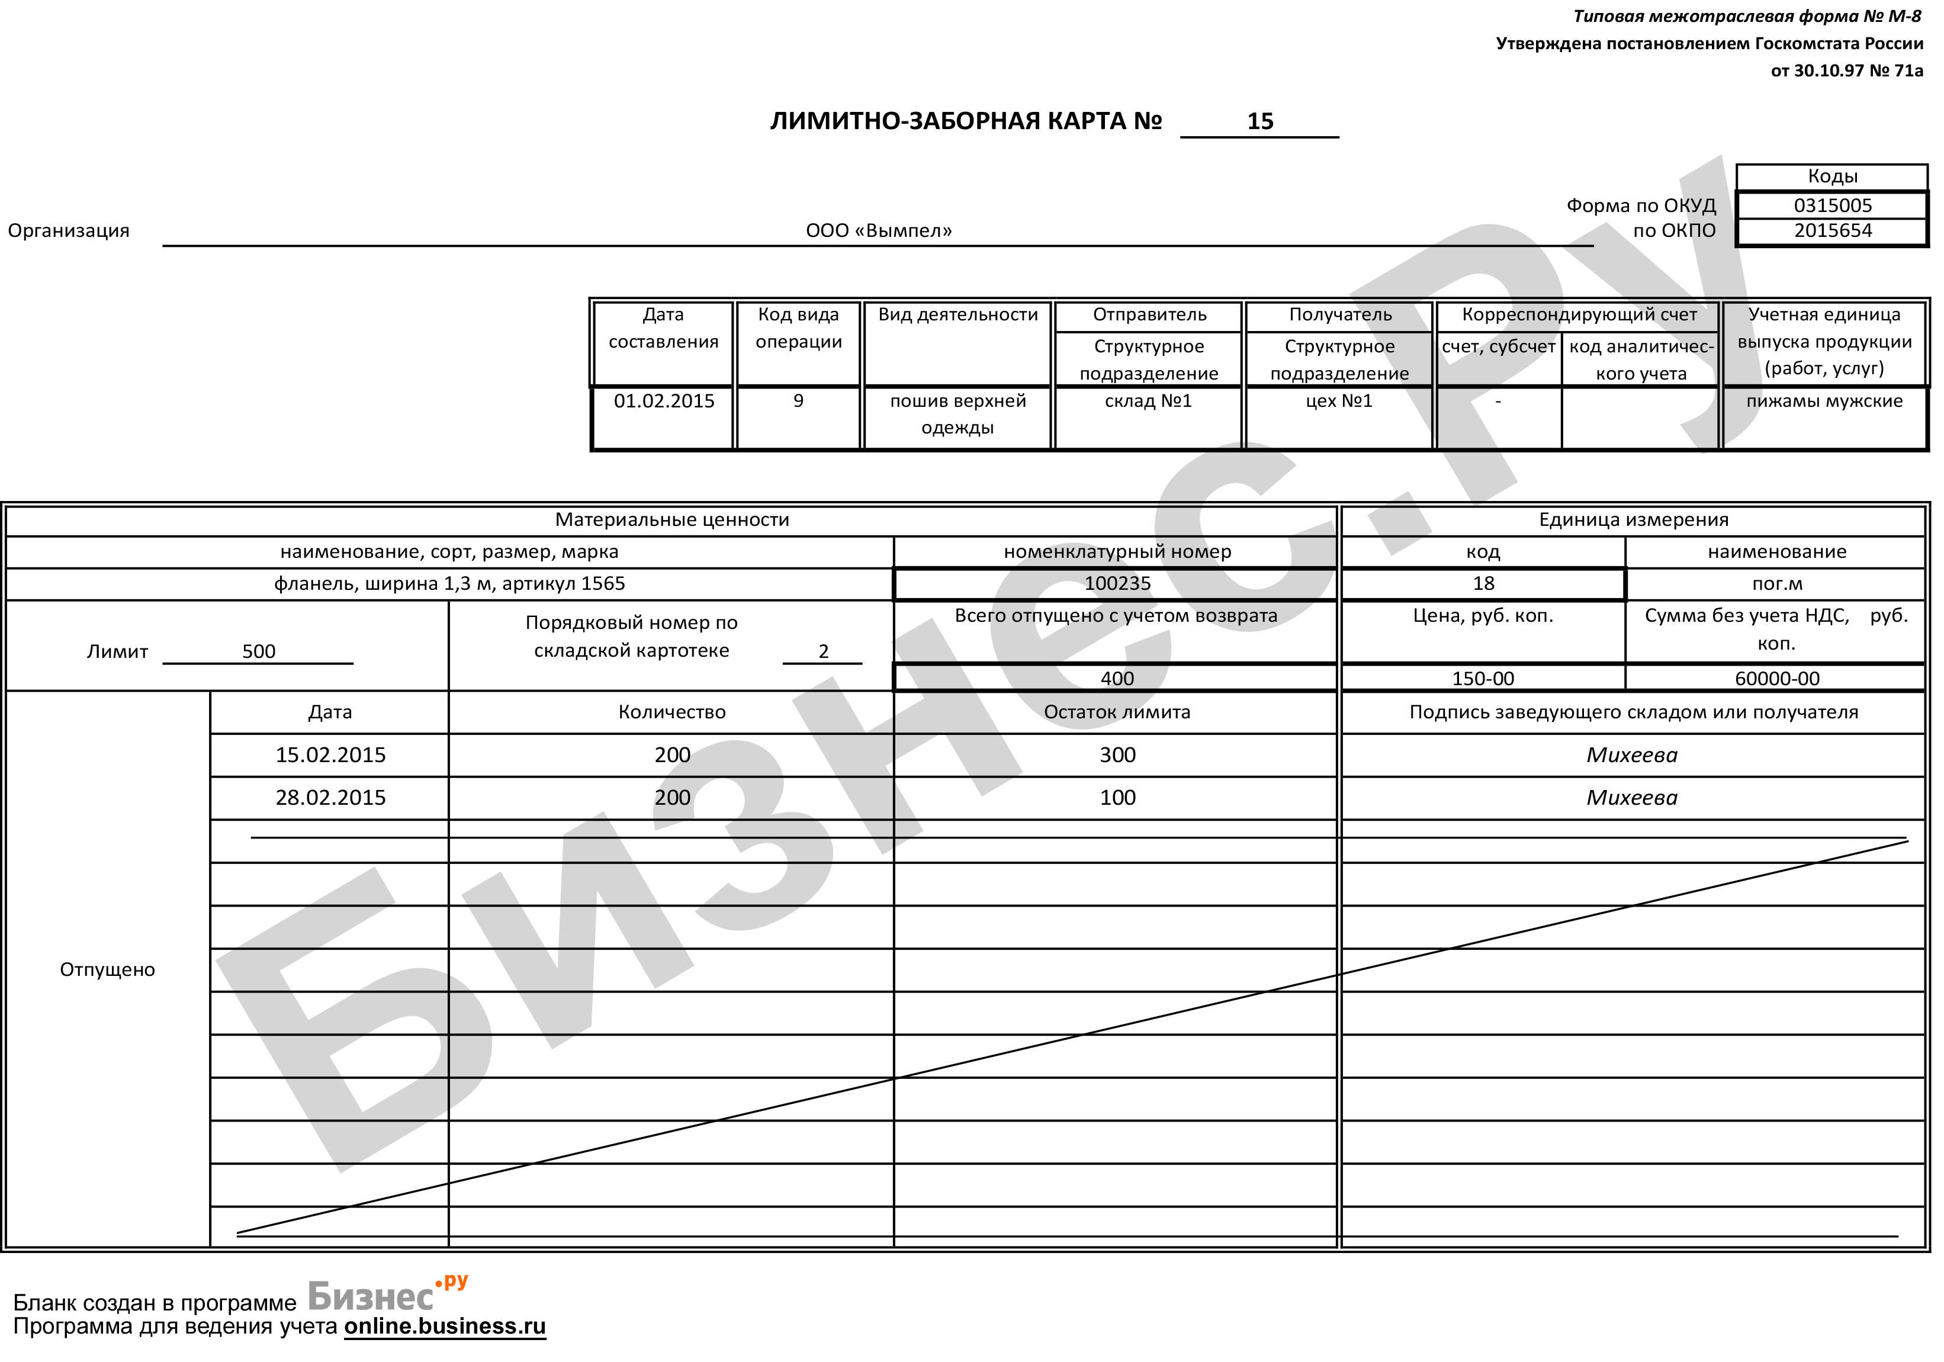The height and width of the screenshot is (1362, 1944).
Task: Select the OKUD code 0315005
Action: [x=1832, y=205]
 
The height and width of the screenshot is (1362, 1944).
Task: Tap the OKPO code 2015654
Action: [x=1832, y=231]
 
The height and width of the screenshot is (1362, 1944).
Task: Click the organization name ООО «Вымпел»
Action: [x=878, y=231]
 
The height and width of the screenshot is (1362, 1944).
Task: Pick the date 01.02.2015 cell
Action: [x=664, y=401]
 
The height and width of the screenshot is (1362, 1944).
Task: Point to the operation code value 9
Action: [x=798, y=401]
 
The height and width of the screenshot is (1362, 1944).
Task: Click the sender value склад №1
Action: [x=1148, y=401]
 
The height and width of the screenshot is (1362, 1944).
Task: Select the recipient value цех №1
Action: [x=1339, y=401]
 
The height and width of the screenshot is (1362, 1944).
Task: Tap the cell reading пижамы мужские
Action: [x=1824, y=401]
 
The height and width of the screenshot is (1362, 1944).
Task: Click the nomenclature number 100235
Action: [x=1117, y=583]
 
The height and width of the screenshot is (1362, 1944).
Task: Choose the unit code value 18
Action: [x=1483, y=583]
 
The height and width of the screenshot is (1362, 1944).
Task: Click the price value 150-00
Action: [x=1483, y=678]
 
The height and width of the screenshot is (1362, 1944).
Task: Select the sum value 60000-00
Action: [x=1776, y=678]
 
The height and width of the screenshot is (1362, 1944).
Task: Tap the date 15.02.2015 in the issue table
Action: [x=330, y=755]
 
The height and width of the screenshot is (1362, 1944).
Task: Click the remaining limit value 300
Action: [x=1117, y=755]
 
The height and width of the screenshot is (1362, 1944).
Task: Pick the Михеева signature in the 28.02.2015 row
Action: [x=1631, y=798]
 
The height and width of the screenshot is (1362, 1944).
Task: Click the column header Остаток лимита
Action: [x=1117, y=712]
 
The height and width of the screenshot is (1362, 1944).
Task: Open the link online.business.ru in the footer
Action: [x=445, y=1326]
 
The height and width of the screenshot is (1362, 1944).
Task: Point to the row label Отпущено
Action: [x=108, y=969]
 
